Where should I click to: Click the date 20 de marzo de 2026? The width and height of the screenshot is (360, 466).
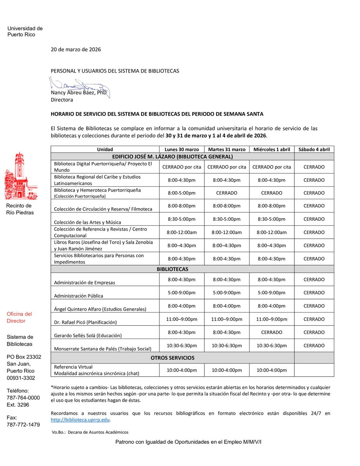pyautogui.click(x=76, y=49)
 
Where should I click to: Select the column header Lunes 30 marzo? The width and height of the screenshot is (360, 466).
pyautogui.click(x=182, y=150)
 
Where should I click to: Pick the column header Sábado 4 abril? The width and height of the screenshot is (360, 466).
pyautogui.click(x=314, y=150)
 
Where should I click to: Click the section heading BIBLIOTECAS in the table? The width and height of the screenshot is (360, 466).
pyautogui.click(x=173, y=269)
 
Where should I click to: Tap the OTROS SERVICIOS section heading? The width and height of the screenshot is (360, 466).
pyautogui.click(x=173, y=358)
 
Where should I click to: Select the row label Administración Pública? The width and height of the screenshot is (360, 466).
pyautogui.click(x=79, y=296)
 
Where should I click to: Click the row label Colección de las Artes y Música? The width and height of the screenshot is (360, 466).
pyautogui.click(x=88, y=222)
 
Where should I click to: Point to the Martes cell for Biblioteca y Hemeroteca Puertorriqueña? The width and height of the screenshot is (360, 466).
pyautogui.click(x=227, y=193)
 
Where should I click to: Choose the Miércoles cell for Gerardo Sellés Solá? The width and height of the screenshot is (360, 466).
pyautogui.click(x=272, y=332)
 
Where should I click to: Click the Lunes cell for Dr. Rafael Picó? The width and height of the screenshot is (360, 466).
pyautogui.click(x=182, y=319)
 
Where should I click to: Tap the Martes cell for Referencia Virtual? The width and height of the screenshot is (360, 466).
pyautogui.click(x=227, y=370)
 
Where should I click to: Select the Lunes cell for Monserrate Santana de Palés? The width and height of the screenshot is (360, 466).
pyautogui.click(x=182, y=346)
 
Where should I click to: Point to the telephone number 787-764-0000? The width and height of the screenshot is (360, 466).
pyautogui.click(x=23, y=398)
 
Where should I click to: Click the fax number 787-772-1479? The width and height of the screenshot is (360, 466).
pyautogui.click(x=23, y=424)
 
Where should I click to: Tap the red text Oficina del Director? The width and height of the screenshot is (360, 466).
pyautogui.click(x=19, y=317)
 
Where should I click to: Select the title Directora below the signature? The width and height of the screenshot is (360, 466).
pyautogui.click(x=62, y=100)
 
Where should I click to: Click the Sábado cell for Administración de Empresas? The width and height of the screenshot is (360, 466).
pyautogui.click(x=314, y=280)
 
